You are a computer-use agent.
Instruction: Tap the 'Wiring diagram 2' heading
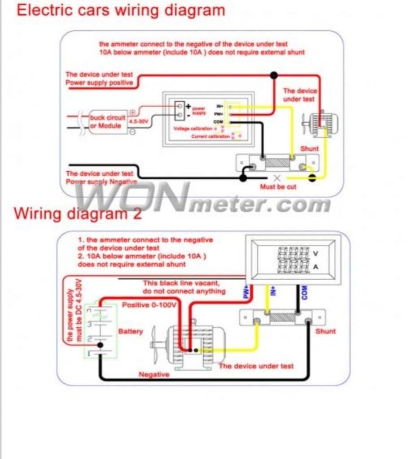(78, 213)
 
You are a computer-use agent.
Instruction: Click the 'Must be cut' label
(278, 186)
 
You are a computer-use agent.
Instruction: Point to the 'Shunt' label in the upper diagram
(309, 148)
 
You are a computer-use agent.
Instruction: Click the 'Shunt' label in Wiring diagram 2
(325, 331)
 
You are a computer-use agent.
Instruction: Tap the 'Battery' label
(130, 331)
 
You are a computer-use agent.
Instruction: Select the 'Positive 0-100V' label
(150, 305)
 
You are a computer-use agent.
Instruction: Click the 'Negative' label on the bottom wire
(154, 374)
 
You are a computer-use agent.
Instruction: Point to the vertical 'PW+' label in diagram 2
(246, 293)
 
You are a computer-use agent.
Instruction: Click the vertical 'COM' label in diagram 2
(305, 294)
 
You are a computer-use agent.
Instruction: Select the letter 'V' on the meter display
(316, 254)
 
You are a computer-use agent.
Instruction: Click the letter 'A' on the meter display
(316, 268)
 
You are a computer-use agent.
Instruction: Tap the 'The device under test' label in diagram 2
(256, 366)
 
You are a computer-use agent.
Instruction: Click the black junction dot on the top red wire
(273, 75)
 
